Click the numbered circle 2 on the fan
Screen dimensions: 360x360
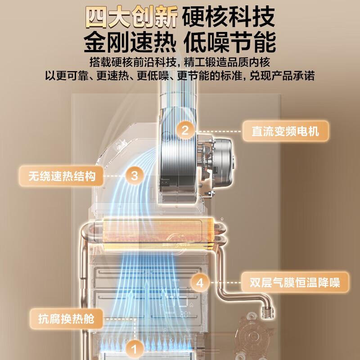coord(185,130)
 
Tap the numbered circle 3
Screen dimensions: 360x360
coord(135,176)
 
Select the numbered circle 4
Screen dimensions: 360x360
coord(200,283)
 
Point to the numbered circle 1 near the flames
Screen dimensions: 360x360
coord(134,349)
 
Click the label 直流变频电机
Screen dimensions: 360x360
coord(285,131)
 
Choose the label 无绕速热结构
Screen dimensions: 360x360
coord(61,176)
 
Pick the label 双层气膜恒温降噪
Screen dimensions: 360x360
coord(295,283)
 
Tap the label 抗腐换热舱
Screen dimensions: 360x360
coord(66,319)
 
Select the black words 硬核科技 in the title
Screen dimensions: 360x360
coord(229,17)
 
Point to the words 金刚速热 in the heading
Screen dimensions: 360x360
coord(130,42)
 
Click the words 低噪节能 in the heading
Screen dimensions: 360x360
coord(229,42)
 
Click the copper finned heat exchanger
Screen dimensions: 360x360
coord(158,234)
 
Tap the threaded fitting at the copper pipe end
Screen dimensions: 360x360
coord(267,312)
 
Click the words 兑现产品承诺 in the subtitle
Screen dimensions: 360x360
coord(282,76)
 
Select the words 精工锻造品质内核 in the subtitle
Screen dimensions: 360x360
coord(227,62)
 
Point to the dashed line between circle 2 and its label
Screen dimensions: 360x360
coord(219,131)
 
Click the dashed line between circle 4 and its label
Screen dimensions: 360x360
coord(225,283)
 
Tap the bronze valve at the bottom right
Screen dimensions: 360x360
coord(254,337)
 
